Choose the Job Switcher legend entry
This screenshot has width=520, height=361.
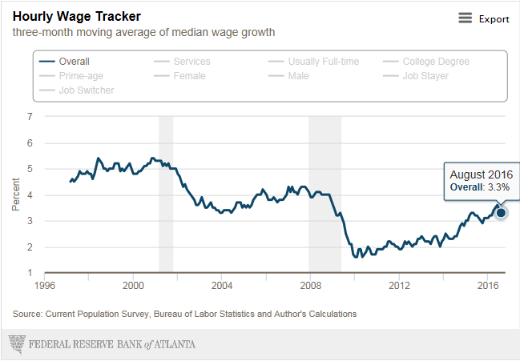tap(86, 90)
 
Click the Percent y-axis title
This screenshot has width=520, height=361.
tap(15, 195)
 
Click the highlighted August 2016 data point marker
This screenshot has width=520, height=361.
tap(502, 212)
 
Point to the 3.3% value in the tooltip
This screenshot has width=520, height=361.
tap(498, 187)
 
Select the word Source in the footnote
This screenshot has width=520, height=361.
tap(28, 314)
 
